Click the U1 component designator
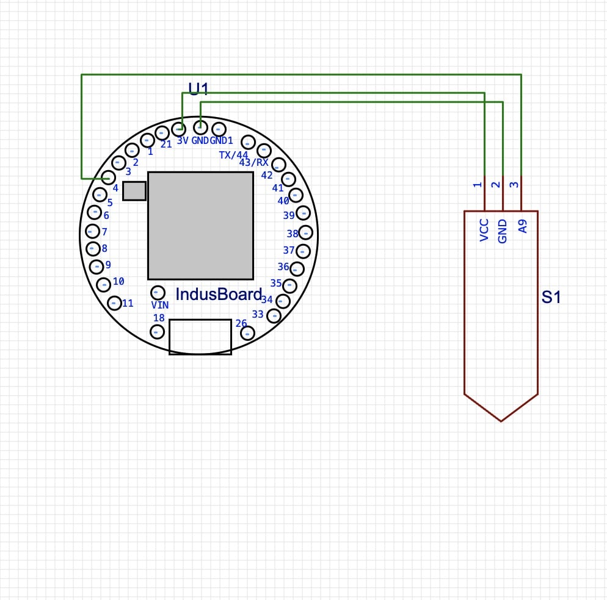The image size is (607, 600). click(x=198, y=89)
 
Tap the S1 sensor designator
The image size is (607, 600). click(x=551, y=298)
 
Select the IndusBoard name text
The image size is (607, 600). click(x=219, y=294)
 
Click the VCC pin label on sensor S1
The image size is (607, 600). click(x=484, y=230)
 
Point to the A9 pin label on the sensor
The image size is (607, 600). click(x=522, y=227)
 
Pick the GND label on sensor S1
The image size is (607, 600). click(x=503, y=232)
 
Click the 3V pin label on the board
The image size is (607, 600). click(x=183, y=140)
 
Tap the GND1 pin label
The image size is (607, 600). click(x=221, y=140)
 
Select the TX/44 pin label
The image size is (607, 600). click(x=234, y=155)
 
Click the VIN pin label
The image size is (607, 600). click(x=160, y=304)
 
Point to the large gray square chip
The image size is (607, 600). click(x=200, y=225)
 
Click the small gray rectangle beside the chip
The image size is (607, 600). click(x=134, y=191)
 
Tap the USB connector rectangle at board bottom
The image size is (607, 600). click(x=200, y=336)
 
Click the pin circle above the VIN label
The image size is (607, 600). click(x=158, y=292)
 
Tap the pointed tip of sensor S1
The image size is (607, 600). click(x=501, y=419)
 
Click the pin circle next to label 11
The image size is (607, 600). click(x=114, y=302)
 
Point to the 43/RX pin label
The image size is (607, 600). click(x=253, y=163)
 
